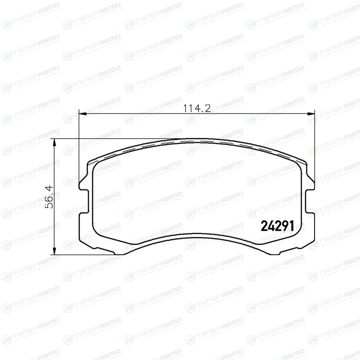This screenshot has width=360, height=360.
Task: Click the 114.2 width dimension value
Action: tap(197, 108)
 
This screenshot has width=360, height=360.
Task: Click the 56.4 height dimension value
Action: tap(49, 197)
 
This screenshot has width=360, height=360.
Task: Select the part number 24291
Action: tap(277, 226)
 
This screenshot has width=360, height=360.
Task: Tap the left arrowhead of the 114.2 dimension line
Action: tap(83, 113)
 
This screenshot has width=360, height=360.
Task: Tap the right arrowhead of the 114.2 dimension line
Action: tap(310, 113)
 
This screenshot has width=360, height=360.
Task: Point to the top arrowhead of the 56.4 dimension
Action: tap(54, 142)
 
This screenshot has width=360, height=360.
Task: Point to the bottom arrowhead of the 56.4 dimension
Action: tap(54, 251)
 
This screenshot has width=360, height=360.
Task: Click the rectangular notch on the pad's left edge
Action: tap(84, 201)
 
